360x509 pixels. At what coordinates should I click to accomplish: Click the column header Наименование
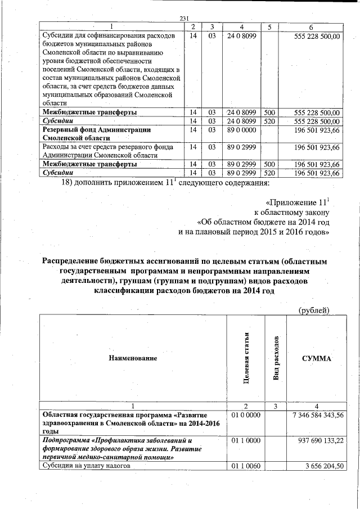click(133, 358)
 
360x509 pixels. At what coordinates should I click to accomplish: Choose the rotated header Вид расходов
click(276, 358)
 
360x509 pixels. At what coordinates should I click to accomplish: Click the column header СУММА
click(317, 358)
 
